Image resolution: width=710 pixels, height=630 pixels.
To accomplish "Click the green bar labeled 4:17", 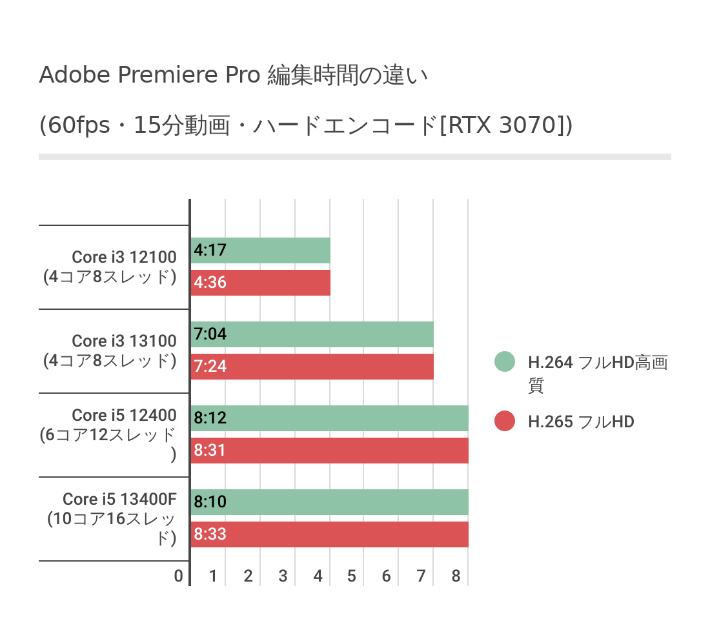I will pos(261,250).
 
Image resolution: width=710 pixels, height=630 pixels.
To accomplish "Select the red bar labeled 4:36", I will pos(261,283).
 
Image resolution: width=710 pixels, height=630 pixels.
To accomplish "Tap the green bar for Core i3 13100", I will pos(312,334).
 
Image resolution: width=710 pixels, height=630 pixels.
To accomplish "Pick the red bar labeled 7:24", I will pos(312,367).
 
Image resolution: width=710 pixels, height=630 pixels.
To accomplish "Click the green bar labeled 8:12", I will pos(330,418).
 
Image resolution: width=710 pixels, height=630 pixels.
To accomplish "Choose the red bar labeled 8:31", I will pos(330,451).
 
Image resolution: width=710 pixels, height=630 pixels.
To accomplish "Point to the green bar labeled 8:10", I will pos(330,502).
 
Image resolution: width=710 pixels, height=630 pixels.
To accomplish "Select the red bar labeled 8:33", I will pos(330,534).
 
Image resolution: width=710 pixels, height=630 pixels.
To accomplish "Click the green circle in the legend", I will pos(505,362).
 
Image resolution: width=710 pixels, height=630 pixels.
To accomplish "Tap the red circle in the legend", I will pos(505,422).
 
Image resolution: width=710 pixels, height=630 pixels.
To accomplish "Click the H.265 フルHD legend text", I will pos(581,422).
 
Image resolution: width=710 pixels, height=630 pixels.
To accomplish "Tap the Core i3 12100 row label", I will pos(123,257).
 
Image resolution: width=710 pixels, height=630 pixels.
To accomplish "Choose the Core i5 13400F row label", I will pos(119,499).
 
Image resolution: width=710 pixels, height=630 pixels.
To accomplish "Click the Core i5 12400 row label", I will pos(124,415).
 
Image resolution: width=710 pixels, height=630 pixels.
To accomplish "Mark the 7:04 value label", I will pos(210,334).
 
